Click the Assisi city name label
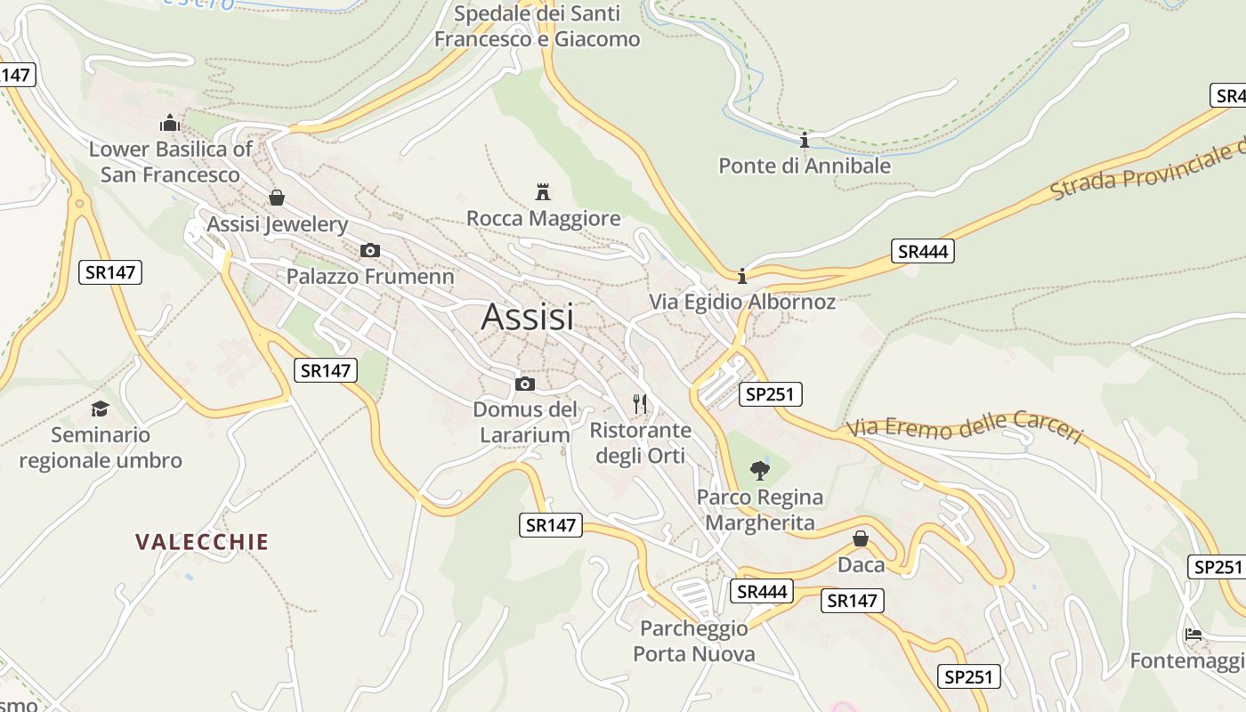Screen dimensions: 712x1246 [x=528, y=317]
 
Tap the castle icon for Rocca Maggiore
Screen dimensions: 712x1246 [x=543, y=191]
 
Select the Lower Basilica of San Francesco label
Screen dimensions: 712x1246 [x=170, y=161]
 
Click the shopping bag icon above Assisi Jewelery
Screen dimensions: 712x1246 [x=277, y=198]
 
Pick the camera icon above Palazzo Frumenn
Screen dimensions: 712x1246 [x=370, y=251]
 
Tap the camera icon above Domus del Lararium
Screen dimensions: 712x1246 [x=525, y=384]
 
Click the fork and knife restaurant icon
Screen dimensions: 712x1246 [x=640, y=404]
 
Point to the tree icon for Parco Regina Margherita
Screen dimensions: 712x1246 [x=759, y=470]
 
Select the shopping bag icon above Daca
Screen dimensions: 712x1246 [x=861, y=538]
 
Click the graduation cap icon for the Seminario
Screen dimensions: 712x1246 [x=100, y=409]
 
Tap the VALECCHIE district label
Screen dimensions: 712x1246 [x=202, y=541]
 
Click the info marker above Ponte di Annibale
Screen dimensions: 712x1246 [x=805, y=140]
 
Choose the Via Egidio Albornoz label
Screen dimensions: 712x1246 [x=742, y=302]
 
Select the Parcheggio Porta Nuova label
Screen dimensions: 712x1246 [x=694, y=642]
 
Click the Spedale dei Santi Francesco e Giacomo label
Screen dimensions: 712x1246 [x=537, y=27]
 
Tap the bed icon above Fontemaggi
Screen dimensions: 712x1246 [x=1193, y=635]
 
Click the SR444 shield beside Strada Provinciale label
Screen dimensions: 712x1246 [x=923, y=251]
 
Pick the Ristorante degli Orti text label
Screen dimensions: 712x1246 [x=641, y=443]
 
